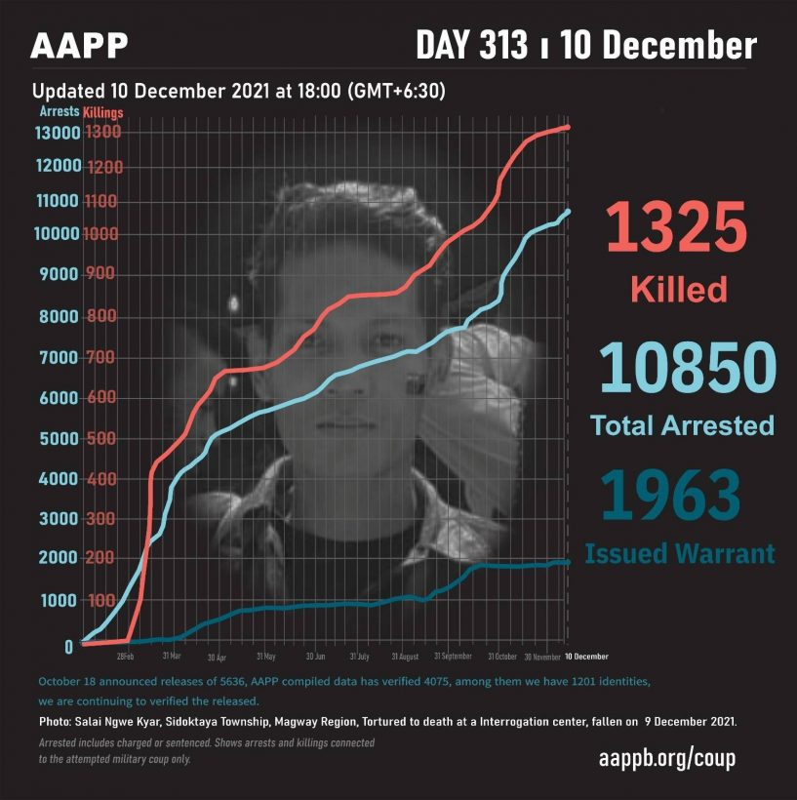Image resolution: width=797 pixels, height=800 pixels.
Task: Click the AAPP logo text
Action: click(x=79, y=46)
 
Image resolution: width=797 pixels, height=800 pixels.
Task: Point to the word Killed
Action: click(x=679, y=289)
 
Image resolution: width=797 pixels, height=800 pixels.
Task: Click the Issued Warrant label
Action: click(x=680, y=554)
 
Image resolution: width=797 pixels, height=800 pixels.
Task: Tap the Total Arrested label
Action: click(x=682, y=425)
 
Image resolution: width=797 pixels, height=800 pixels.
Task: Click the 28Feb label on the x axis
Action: click(x=125, y=656)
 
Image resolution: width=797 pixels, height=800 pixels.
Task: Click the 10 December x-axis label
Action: click(x=585, y=656)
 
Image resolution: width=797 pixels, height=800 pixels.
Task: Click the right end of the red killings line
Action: click(x=568, y=127)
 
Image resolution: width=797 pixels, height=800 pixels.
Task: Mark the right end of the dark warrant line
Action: click(x=568, y=562)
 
